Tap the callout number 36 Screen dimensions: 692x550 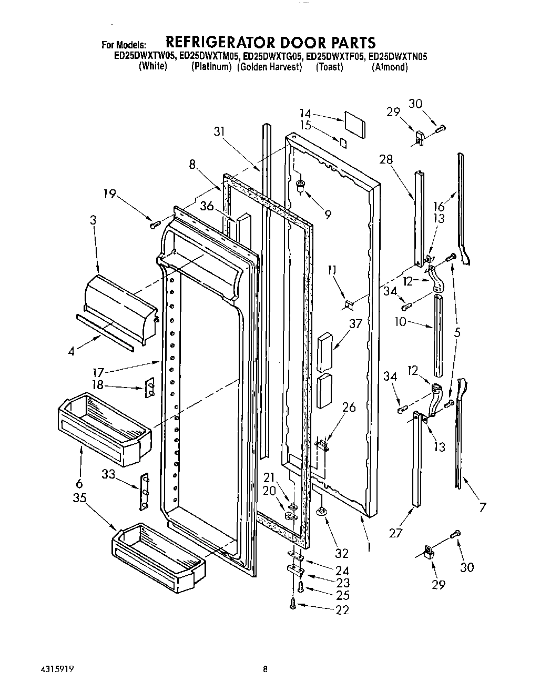point(207,207)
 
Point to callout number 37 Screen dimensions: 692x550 point(356,324)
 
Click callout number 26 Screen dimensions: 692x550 point(349,407)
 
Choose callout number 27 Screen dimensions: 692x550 point(395,533)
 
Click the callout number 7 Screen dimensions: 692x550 point(482,507)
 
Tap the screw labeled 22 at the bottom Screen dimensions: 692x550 point(293,605)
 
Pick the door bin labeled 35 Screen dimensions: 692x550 point(158,556)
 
